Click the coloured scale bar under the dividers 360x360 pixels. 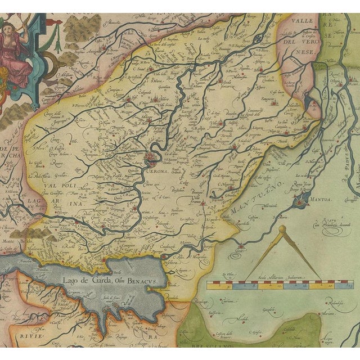click(x=270, y=285)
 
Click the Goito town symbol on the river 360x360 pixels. click(x=242, y=245)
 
